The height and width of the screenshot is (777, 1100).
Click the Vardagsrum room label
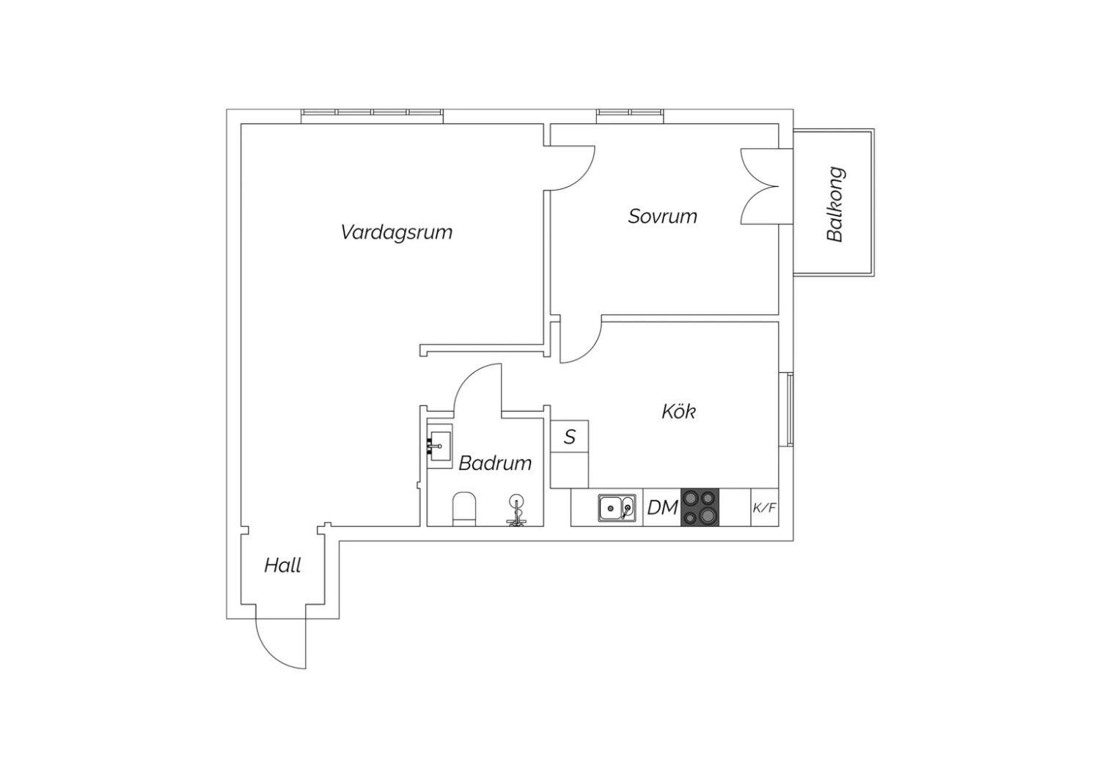click(396, 232)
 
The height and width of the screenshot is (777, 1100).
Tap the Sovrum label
click(662, 216)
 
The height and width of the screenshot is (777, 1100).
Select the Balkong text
click(835, 205)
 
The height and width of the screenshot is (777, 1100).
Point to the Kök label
click(678, 411)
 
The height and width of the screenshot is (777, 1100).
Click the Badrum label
click(495, 463)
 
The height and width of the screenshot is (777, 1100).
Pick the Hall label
click(282, 565)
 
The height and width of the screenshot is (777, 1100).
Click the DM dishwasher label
click(662, 507)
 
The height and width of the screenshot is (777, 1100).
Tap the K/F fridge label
click(765, 507)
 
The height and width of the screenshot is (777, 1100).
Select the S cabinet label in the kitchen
click(570, 436)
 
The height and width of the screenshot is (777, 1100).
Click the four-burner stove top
click(700, 507)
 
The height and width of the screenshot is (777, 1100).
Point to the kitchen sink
click(617, 507)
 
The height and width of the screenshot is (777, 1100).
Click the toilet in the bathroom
click(464, 509)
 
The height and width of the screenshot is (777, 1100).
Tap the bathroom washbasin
click(440, 446)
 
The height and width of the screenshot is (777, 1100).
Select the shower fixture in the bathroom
click(516, 510)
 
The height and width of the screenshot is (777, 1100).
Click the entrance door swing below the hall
click(280, 644)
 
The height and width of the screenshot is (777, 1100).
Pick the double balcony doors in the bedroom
click(760, 186)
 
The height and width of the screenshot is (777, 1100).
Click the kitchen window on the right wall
click(790, 410)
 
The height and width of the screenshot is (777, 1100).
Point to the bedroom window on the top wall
click(630, 117)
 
